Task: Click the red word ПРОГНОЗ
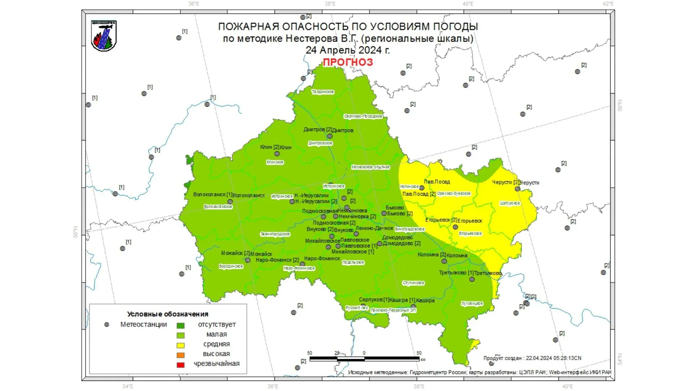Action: tap(347, 62)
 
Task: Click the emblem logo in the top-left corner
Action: tap(104, 35)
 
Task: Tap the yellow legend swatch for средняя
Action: tap(180, 345)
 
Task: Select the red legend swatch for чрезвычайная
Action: tap(180, 365)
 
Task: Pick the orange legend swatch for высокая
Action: tap(180, 355)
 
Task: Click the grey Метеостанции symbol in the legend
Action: tap(106, 325)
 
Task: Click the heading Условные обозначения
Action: tap(168, 314)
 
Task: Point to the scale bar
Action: tap(364, 359)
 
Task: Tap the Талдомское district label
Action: tap(323, 92)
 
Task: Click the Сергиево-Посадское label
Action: tap(363, 116)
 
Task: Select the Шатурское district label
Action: tap(510, 203)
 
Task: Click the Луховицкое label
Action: tap(472, 303)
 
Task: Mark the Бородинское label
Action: tap(231, 266)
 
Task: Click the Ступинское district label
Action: tap(413, 283)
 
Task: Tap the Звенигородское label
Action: tap(275, 234)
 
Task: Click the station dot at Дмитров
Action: tap(330, 136)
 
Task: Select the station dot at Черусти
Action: tap(517, 189)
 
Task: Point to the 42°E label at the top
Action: tap(608, 4)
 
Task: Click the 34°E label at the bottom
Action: tap(127, 386)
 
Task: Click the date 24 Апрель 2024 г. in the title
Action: tap(347, 50)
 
